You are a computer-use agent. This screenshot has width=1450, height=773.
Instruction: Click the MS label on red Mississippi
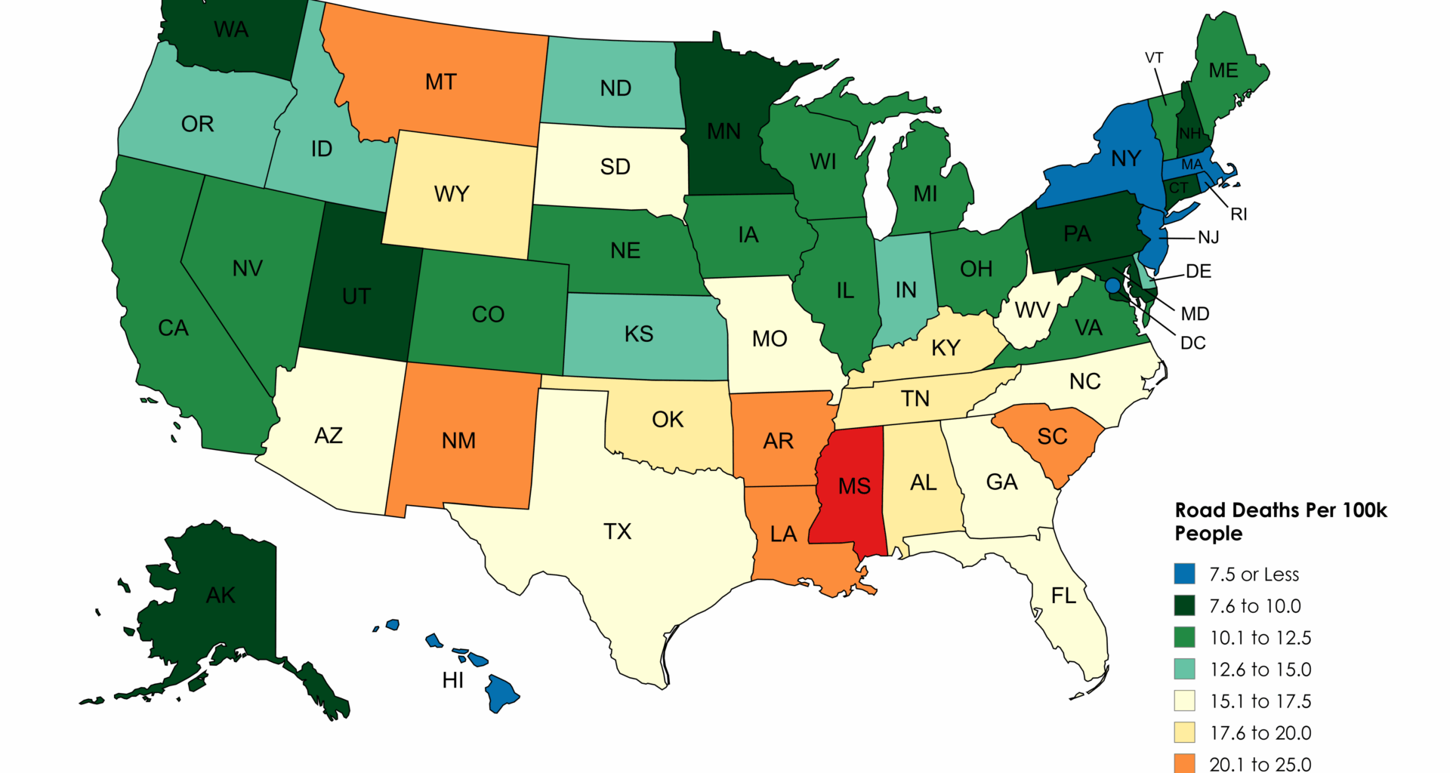(x=854, y=486)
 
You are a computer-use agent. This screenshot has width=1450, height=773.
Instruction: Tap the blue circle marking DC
(x=1112, y=286)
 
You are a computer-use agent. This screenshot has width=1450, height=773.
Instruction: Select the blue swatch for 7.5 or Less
(x=1184, y=574)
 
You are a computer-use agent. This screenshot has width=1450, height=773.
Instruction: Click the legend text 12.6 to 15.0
(x=1260, y=670)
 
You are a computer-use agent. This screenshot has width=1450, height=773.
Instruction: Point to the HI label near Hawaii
(x=453, y=680)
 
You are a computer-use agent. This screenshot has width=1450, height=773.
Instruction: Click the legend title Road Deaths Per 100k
(x=1281, y=511)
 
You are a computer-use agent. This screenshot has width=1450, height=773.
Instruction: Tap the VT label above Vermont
(x=1154, y=58)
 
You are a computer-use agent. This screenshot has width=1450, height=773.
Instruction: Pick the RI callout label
(x=1239, y=214)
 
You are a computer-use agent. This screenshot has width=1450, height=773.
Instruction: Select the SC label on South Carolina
(x=1052, y=436)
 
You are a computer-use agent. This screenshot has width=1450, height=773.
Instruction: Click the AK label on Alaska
(x=221, y=596)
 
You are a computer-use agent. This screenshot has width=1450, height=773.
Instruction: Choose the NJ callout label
(x=1208, y=238)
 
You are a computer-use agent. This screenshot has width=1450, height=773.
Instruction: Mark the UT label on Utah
(x=356, y=297)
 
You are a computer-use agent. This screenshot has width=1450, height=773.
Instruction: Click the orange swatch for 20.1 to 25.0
(x=1184, y=763)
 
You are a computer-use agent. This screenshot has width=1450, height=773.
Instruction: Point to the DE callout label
(x=1198, y=271)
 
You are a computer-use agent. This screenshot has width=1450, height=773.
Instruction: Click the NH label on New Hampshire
(x=1190, y=134)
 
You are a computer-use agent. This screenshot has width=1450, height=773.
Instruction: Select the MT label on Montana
(x=441, y=82)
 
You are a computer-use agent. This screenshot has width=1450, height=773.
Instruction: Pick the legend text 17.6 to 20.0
(x=1260, y=733)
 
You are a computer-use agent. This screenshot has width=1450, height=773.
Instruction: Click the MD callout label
(x=1195, y=313)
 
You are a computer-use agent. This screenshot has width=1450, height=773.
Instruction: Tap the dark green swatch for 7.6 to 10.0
(x=1184, y=605)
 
